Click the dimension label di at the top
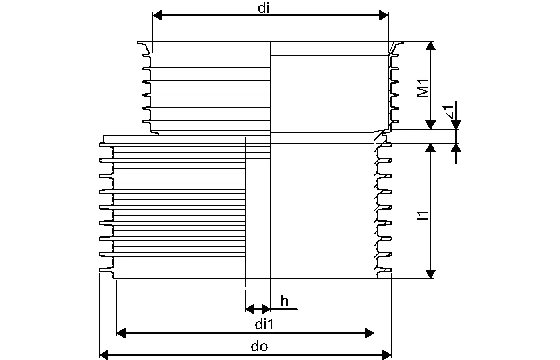coord(263,8)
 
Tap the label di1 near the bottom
coord(264,325)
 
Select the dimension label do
coord(259,346)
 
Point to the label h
coord(284,301)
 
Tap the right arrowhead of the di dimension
coord(384,16)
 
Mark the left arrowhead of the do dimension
coord(104,354)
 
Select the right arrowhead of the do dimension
coord(386,354)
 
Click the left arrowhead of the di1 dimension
coord(121,333)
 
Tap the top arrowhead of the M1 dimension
coord(430,46)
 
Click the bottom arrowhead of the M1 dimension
coord(430,125)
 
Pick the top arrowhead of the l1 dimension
coord(430,148)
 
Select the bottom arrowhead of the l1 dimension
coord(430,274)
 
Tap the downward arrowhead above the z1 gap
coord(456,125)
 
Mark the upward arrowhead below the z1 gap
coord(456,148)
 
